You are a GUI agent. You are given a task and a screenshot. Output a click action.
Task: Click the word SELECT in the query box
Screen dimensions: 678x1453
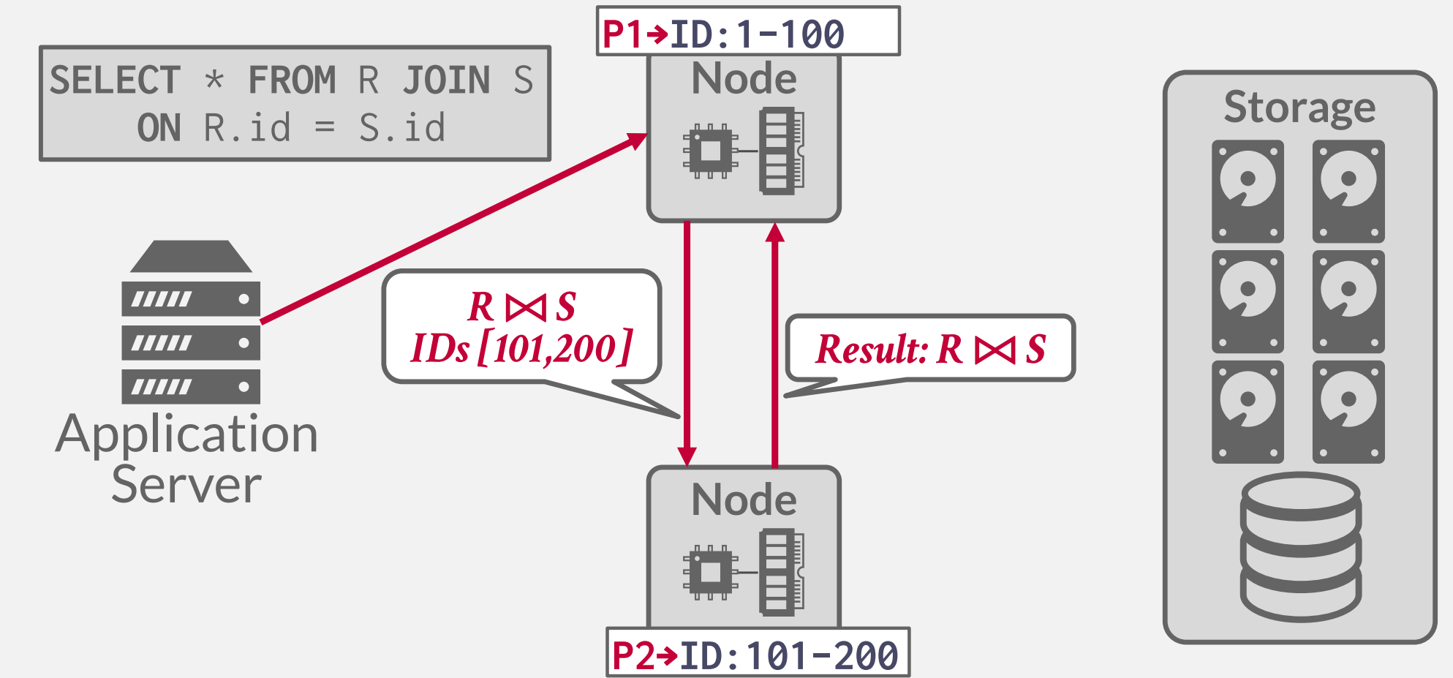[115, 80]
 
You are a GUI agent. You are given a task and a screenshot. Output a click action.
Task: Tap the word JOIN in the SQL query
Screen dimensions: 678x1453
[446, 80]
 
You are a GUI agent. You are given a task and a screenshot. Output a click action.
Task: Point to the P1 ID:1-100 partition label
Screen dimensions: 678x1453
[748, 32]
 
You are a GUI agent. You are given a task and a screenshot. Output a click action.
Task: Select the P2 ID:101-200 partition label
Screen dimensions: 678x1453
[758, 653]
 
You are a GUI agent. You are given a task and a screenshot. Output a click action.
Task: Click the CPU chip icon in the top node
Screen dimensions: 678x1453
[710, 151]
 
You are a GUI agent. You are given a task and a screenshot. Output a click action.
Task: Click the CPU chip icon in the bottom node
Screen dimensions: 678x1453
[710, 572]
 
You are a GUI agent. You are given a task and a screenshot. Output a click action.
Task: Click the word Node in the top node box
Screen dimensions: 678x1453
[744, 79]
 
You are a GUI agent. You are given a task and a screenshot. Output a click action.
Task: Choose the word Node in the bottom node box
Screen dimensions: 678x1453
[744, 500]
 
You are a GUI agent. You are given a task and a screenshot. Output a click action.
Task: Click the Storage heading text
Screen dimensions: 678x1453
[1299, 108]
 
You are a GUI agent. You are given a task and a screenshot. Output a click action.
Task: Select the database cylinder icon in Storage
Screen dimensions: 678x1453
[1300, 546]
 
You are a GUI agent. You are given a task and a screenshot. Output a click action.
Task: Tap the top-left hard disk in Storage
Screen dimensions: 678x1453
[1248, 192]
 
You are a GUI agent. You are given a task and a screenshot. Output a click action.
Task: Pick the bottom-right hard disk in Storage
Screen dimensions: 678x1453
[1348, 412]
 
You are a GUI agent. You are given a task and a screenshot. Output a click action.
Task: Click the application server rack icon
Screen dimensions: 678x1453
[191, 323]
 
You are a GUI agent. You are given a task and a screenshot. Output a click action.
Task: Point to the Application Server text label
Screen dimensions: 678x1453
[187, 459]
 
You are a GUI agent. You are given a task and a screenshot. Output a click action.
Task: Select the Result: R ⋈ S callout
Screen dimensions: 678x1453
[929, 349]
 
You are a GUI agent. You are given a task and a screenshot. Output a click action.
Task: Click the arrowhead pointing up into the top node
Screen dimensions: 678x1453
[775, 233]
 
